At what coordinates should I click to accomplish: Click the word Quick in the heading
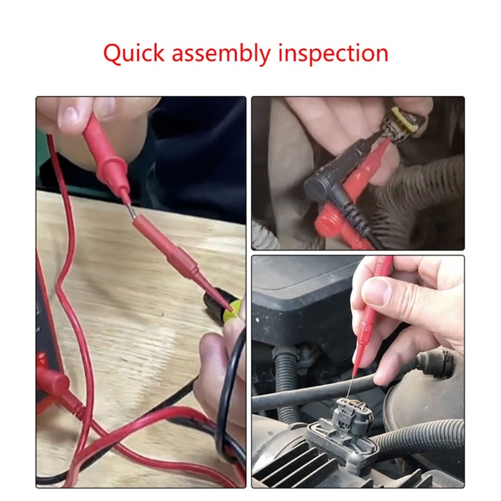tap(133, 53)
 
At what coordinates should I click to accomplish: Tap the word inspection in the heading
tap(333, 53)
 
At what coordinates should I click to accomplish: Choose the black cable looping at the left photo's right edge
tap(229, 393)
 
